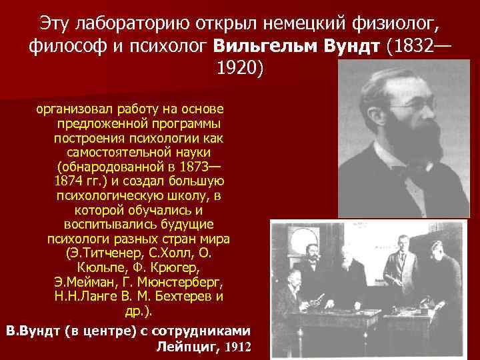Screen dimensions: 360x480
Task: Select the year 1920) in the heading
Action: pyautogui.click(x=241, y=69)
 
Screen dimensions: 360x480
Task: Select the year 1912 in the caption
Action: pyautogui.click(x=239, y=347)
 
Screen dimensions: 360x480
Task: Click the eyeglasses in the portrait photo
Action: pyautogui.click(x=412, y=104)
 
